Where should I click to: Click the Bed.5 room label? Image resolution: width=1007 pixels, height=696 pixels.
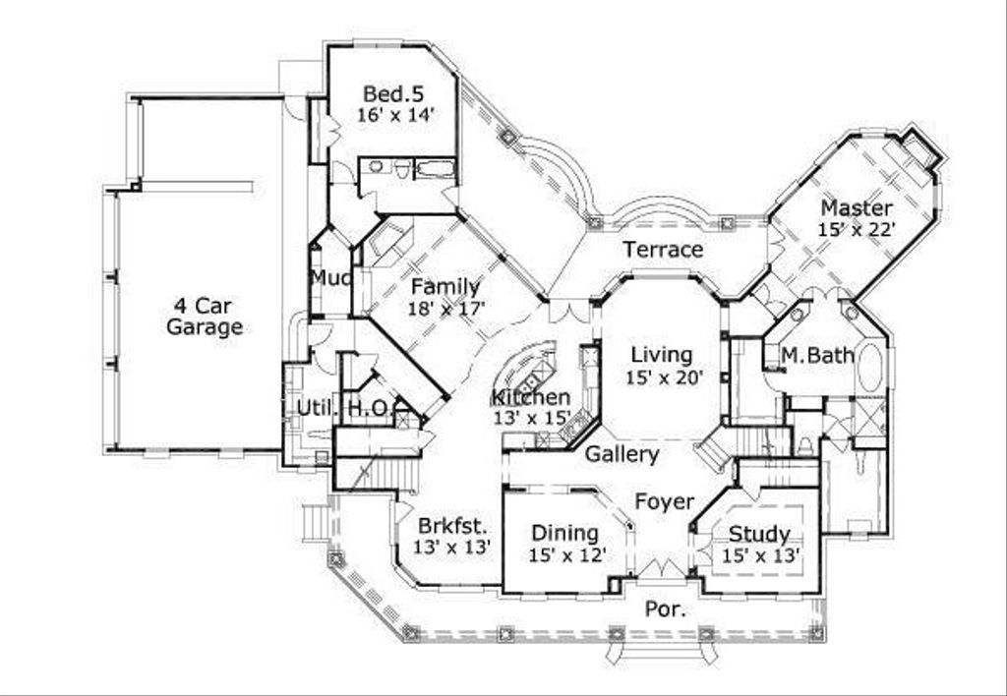pyautogui.click(x=393, y=94)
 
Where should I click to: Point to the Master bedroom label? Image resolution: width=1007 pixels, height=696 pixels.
pyautogui.click(x=857, y=208)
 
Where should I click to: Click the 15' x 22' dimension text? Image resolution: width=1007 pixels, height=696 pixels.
pyautogui.click(x=857, y=229)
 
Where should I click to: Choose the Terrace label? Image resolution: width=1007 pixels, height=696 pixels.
pyautogui.click(x=664, y=250)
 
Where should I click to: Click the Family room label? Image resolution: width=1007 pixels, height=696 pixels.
pyautogui.click(x=445, y=287)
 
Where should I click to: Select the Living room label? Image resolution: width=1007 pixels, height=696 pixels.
pyautogui.click(x=662, y=355)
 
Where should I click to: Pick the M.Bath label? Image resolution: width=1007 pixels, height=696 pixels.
pyautogui.click(x=817, y=356)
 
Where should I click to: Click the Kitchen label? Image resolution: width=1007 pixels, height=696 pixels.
pyautogui.click(x=531, y=397)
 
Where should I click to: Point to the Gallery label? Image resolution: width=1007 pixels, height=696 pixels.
pyautogui.click(x=622, y=454)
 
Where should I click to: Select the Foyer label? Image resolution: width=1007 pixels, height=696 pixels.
pyautogui.click(x=664, y=501)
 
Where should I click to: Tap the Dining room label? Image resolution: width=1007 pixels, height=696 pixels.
pyautogui.click(x=565, y=533)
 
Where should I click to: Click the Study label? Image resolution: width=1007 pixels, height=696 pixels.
pyautogui.click(x=758, y=535)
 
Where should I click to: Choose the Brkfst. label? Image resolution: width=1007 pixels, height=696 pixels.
pyautogui.click(x=450, y=525)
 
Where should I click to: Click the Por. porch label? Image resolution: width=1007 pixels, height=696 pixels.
pyautogui.click(x=665, y=609)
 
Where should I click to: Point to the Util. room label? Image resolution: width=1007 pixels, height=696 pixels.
pyautogui.click(x=304, y=408)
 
